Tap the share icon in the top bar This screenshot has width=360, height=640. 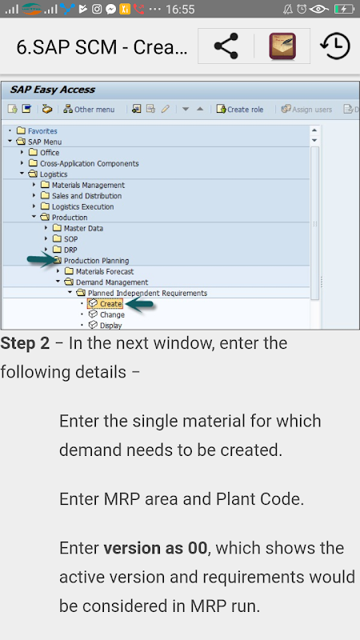[226, 46]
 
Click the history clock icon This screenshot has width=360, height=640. [335, 46]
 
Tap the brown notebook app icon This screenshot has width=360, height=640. [282, 46]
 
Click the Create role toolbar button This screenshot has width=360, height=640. [240, 110]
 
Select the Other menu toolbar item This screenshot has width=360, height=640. [89, 110]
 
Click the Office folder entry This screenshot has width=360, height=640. [44, 153]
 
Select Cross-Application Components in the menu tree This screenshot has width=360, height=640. [84, 163]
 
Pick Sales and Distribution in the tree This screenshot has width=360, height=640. [81, 196]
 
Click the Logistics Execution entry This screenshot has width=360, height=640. [77, 206]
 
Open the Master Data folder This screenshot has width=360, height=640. [78, 228]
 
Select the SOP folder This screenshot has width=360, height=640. [65, 238]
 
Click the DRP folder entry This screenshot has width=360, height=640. [65, 250]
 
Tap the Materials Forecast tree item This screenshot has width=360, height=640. [98, 271]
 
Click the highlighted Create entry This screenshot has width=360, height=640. [106, 304]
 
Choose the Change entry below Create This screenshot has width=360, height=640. [106, 314]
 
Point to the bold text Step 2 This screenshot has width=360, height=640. [25, 343]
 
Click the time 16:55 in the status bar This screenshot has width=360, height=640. [180, 9]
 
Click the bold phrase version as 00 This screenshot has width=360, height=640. [155, 548]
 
